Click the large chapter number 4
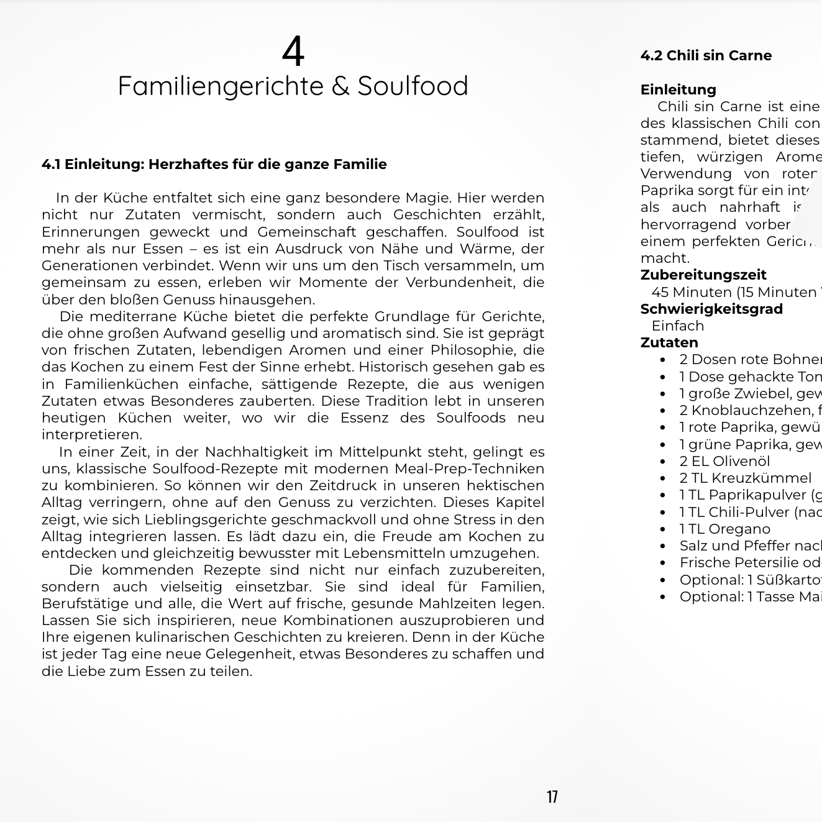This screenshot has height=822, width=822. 293,51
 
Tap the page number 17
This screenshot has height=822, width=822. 552,797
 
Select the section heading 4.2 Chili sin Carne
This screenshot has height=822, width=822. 706,56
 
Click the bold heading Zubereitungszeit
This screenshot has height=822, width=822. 703,275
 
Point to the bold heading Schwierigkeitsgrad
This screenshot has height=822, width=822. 711,309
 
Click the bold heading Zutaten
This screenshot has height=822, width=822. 669,343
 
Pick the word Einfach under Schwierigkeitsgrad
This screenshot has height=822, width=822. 678,326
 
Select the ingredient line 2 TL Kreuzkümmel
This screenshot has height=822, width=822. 745,478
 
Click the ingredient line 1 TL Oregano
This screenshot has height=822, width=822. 724,529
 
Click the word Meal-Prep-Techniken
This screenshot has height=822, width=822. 469,469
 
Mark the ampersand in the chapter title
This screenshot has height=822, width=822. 340,86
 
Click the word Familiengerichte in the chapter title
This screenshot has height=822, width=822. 221,86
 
